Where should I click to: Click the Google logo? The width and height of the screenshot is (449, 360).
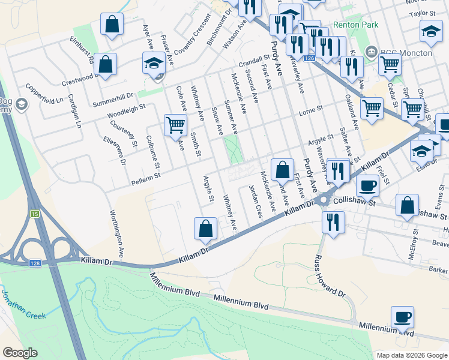20,353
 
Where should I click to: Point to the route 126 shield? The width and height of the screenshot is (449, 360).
309,58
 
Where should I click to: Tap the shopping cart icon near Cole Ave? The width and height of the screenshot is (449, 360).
175,125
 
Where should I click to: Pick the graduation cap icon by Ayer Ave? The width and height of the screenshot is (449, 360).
154,62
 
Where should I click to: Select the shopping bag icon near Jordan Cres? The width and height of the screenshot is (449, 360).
282,170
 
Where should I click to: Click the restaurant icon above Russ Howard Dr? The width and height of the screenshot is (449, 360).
330,221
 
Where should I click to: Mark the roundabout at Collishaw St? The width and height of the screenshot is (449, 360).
324,200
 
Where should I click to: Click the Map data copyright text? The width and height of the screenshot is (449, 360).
411,355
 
